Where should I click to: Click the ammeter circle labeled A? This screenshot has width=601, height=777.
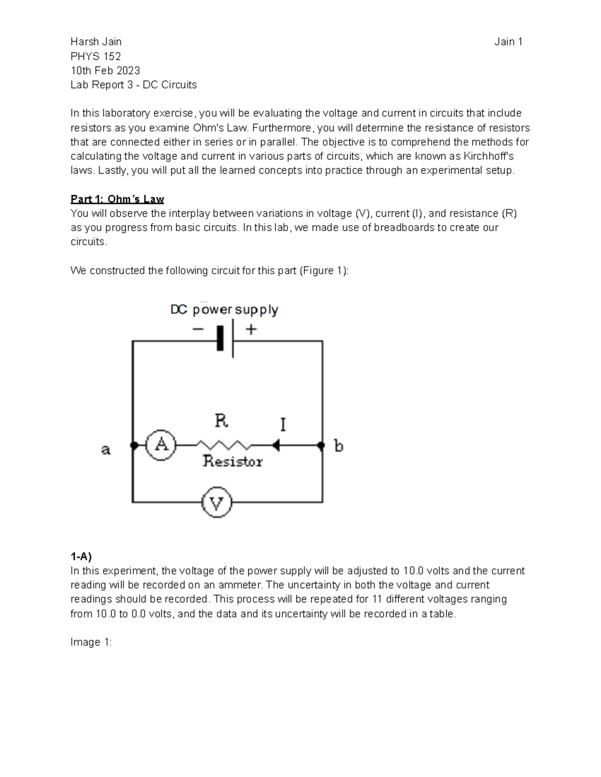pos(161,444)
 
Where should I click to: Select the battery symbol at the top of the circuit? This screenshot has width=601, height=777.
pos(226,341)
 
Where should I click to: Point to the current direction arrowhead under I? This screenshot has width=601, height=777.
pos(275,445)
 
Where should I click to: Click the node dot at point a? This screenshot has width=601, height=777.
pos(134,445)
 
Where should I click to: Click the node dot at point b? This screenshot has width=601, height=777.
pos(322,445)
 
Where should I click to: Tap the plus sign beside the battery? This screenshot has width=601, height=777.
pos(251,329)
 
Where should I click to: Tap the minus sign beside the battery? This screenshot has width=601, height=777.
pos(198,329)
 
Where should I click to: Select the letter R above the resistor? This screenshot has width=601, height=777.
pos(221,420)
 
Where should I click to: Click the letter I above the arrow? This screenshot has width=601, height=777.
pos(283,425)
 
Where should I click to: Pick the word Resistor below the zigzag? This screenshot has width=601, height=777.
pos(232,461)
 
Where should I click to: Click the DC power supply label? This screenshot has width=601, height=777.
pos(224,310)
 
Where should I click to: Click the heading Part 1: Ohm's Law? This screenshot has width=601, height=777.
pos(117,199)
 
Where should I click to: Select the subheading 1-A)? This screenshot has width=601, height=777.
pos(81,556)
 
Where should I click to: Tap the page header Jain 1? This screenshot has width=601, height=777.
pos(508,42)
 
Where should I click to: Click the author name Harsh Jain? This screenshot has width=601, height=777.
pos(96,42)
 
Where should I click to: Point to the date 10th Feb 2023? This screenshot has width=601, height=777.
pos(105,71)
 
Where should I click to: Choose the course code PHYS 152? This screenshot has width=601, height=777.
pos(96,56)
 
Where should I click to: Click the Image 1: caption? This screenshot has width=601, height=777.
pos(91,642)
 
